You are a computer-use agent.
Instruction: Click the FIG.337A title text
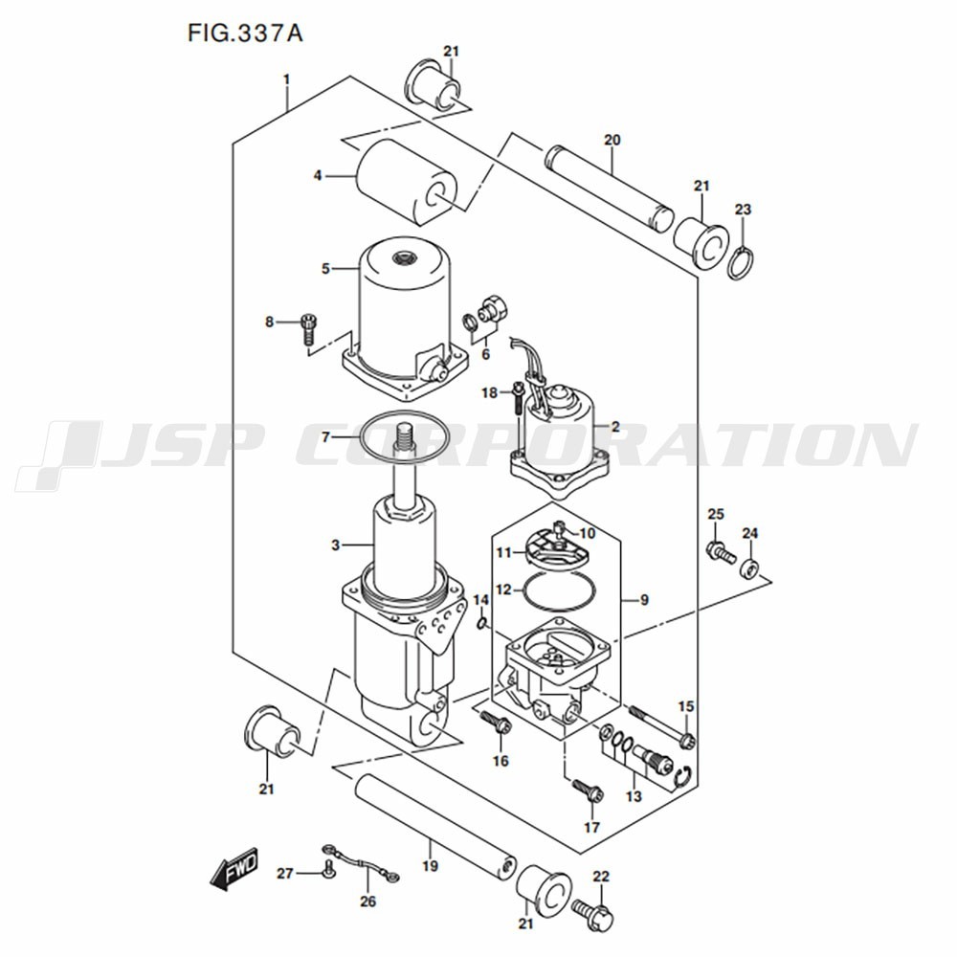(245, 33)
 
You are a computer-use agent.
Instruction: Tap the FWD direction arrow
(234, 867)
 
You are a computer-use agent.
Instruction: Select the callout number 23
(743, 210)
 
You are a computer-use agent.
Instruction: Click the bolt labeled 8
(309, 328)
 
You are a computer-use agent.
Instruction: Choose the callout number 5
(325, 269)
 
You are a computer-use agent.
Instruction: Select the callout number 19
(431, 865)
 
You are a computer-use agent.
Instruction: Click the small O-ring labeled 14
(482, 623)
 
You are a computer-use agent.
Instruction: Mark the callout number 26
(368, 901)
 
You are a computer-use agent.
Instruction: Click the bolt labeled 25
(721, 551)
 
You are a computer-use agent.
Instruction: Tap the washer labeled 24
(750, 568)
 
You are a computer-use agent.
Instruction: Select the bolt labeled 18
(518, 400)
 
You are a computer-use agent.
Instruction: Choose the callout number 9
(644, 601)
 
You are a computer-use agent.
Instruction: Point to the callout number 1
(286, 80)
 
